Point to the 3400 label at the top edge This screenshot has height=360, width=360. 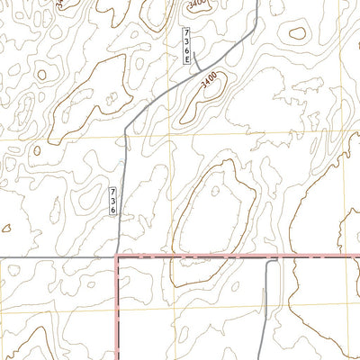(x=198, y=4)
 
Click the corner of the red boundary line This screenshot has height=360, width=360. (x=118, y=257)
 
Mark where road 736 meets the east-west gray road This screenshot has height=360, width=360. (x=119, y=257)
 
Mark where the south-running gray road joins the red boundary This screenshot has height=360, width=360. (x=268, y=258)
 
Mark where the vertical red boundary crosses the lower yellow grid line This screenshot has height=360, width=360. (x=118, y=308)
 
